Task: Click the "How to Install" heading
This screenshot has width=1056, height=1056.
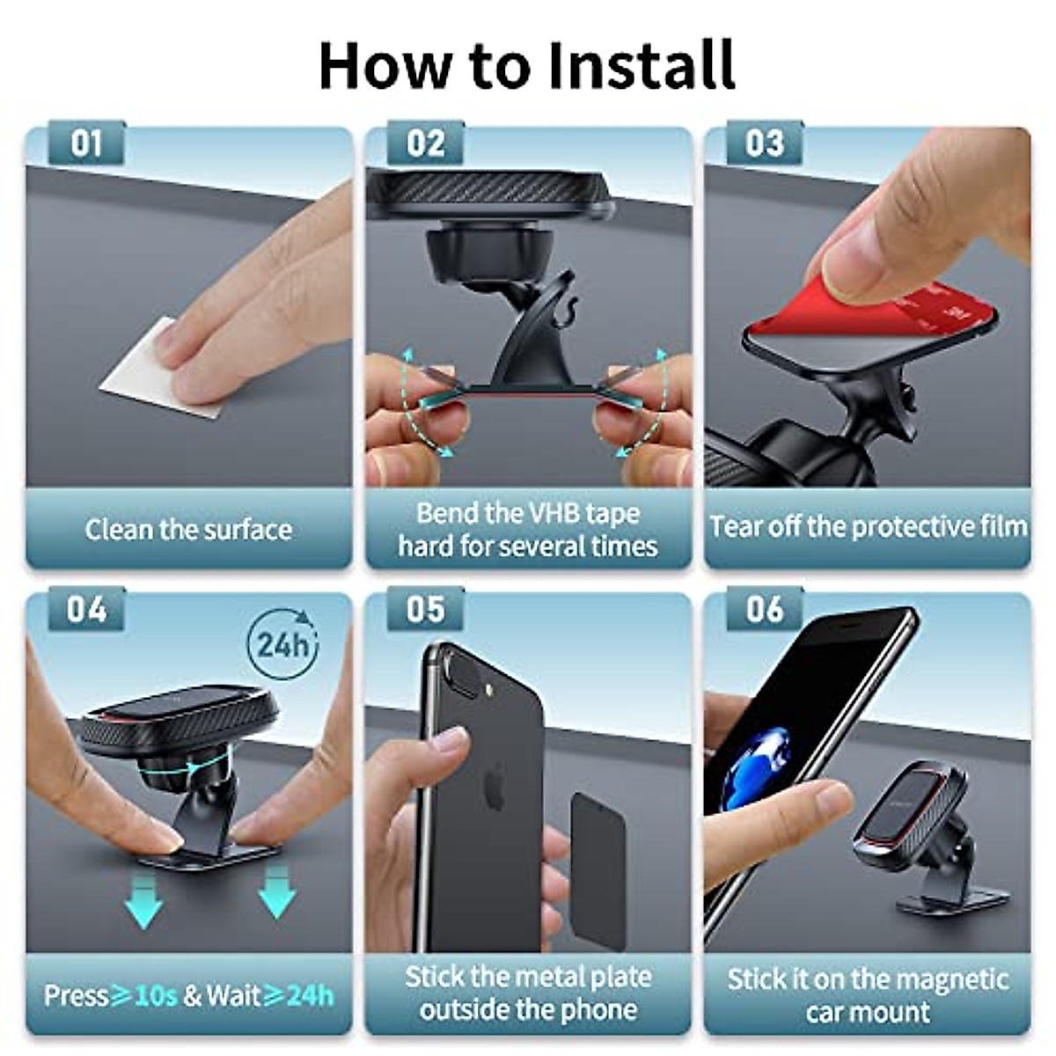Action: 526,65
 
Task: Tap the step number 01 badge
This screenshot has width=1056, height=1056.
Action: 86,143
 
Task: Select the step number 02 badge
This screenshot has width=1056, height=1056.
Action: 425,143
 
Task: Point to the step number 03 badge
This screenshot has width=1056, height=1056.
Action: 764,143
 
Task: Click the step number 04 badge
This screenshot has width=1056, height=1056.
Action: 86,609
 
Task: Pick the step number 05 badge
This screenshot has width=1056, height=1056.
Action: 425,609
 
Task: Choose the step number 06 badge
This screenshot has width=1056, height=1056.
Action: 764,609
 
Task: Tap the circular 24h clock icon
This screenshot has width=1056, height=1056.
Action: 282,644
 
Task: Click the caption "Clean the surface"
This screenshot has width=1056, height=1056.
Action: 188,530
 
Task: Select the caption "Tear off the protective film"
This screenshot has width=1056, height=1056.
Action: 868,527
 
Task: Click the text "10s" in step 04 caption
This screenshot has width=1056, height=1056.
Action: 157,996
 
